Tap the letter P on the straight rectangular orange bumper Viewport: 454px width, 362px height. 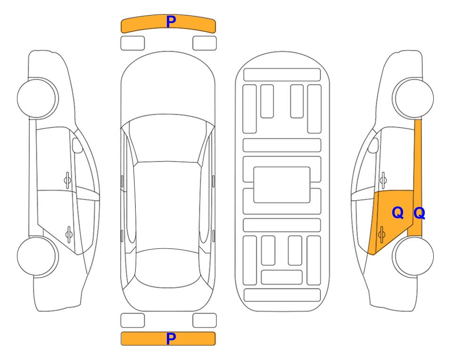171,338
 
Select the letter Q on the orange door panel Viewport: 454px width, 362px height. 397,213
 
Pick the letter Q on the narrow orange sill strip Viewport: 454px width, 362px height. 419,213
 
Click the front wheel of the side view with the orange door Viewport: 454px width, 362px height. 413,98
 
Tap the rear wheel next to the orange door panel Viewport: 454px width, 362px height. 413,256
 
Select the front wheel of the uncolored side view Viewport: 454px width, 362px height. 38,98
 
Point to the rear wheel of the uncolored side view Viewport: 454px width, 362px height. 38,256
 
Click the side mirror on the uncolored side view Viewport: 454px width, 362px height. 77,145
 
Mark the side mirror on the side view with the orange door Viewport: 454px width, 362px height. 373,145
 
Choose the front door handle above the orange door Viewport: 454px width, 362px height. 383,180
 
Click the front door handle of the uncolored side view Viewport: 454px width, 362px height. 67,180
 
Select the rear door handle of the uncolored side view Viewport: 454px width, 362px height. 69,234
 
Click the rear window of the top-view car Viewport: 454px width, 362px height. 167,268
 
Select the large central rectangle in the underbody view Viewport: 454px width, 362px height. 282,185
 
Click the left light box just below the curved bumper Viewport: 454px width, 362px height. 132,43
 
